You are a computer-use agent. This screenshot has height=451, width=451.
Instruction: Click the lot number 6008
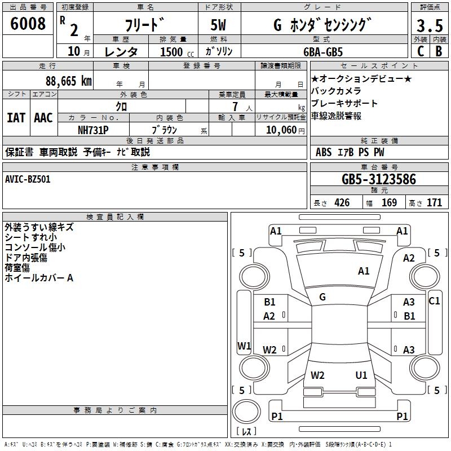click(28, 24)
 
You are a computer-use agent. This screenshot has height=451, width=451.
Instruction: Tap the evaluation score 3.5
click(429, 26)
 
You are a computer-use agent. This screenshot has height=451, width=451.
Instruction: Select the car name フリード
click(144, 25)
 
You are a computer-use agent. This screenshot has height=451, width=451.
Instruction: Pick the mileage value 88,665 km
click(68, 81)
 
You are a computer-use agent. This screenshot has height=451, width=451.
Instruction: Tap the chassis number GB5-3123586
click(379, 179)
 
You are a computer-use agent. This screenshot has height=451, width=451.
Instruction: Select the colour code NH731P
click(93, 130)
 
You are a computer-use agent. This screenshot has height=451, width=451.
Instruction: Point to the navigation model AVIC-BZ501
click(28, 179)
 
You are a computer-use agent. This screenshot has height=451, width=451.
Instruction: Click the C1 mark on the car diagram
click(434, 301)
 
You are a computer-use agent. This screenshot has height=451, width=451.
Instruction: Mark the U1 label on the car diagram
click(361, 375)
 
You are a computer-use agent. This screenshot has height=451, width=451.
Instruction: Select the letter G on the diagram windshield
click(322, 297)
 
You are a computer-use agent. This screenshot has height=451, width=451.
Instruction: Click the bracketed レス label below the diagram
click(246, 432)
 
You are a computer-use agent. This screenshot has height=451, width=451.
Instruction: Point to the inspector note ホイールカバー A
click(39, 278)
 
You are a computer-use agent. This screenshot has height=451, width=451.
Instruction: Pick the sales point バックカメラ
click(336, 91)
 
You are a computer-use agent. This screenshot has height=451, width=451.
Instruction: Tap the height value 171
click(434, 203)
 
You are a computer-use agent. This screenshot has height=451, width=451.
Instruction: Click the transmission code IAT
click(16, 118)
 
